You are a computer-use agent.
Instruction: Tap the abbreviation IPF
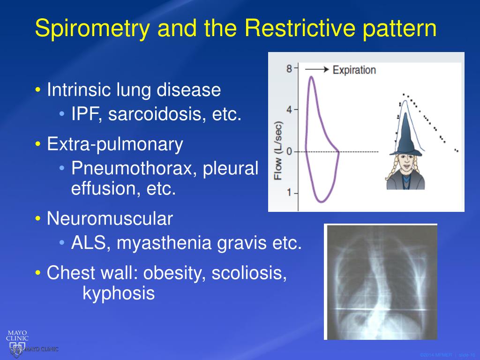(x=84, y=114)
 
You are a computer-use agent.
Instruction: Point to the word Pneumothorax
(x=135, y=168)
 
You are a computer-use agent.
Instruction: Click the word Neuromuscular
(x=110, y=218)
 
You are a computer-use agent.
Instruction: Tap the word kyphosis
(x=118, y=293)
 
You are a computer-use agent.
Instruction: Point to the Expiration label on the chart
(x=354, y=70)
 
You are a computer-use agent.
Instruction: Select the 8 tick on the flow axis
(x=289, y=69)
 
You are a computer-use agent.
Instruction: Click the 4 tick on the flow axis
(x=289, y=110)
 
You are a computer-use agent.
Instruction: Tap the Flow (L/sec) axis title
(x=278, y=151)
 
